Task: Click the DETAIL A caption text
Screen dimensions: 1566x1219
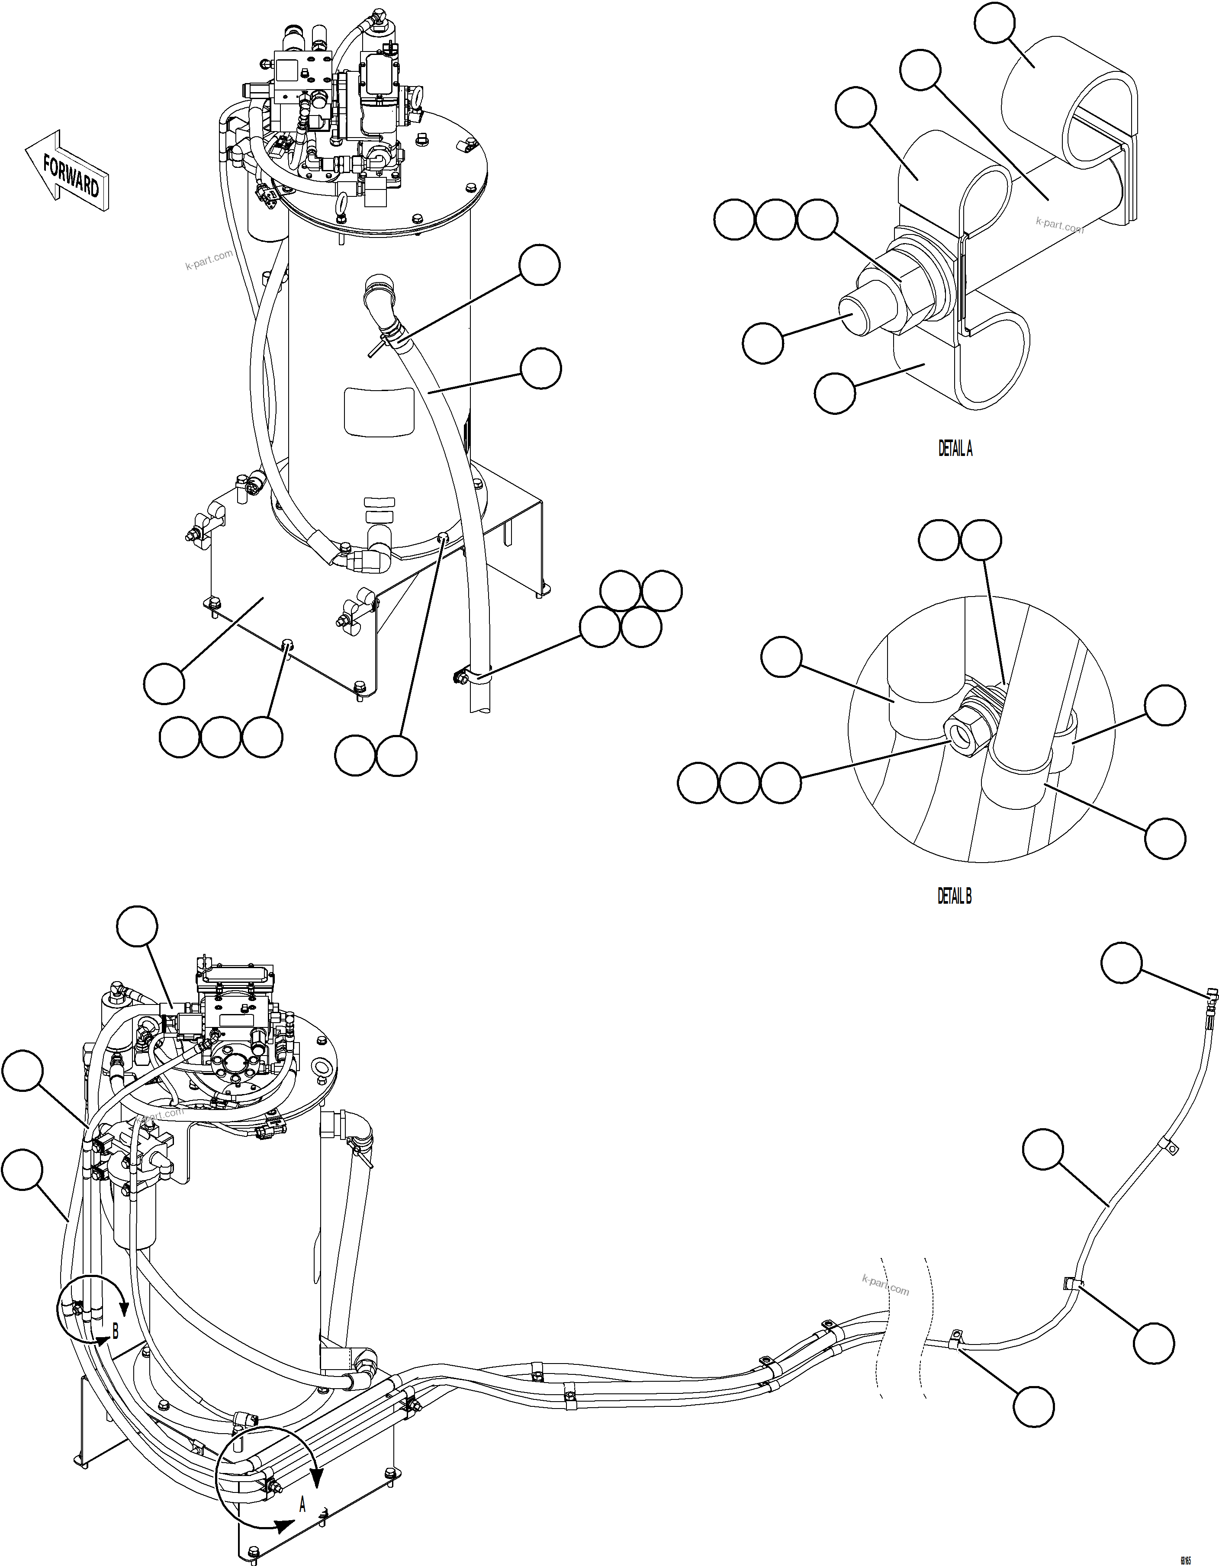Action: click(x=955, y=449)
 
